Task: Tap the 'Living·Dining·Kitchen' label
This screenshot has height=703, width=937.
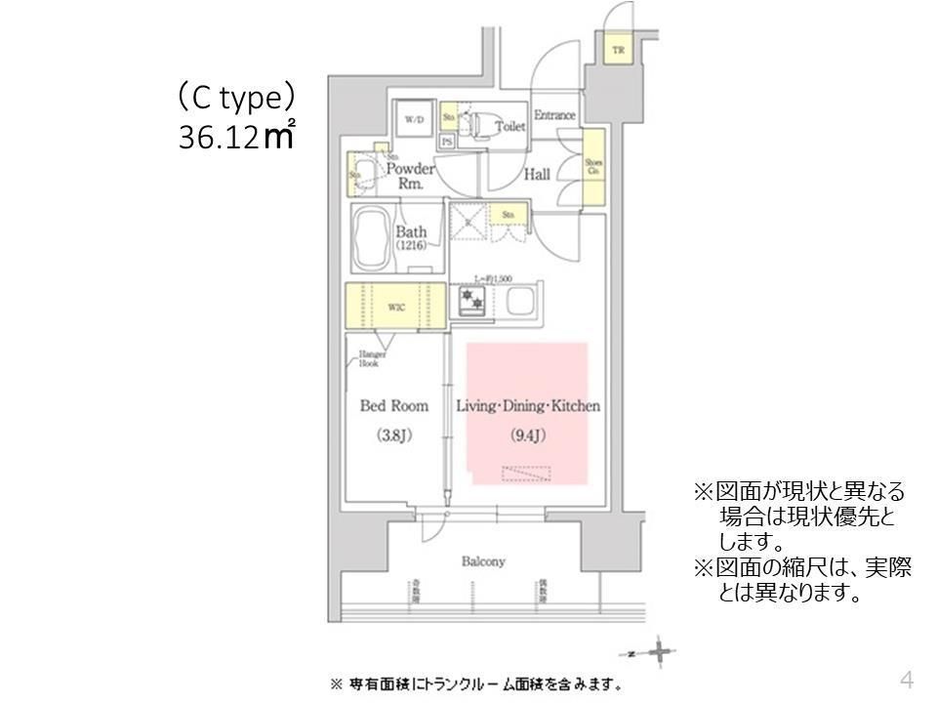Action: click(x=528, y=406)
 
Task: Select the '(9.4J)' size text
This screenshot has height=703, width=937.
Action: click(x=528, y=435)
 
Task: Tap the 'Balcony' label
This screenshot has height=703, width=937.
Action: click(x=483, y=561)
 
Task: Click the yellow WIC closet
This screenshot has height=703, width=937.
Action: click(x=395, y=307)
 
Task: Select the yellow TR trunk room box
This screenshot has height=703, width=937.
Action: click(x=619, y=51)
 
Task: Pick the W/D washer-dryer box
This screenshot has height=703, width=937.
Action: click(x=414, y=120)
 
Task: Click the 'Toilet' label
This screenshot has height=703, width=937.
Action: click(x=509, y=127)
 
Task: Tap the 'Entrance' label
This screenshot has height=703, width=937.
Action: click(x=554, y=115)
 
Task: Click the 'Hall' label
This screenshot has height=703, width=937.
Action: click(x=536, y=175)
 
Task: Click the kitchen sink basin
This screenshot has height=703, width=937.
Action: click(x=518, y=302)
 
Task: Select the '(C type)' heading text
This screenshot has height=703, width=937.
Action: click(x=235, y=98)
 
